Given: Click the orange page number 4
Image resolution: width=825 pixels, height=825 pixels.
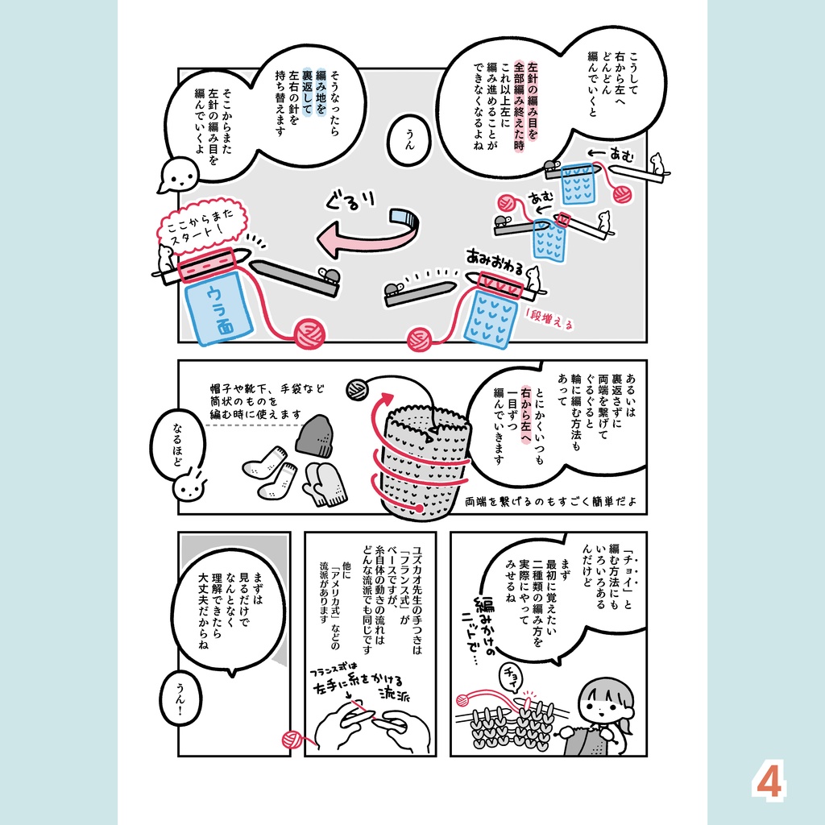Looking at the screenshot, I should tap(769, 780).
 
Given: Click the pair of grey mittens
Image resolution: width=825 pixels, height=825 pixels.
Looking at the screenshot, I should tap(325, 483).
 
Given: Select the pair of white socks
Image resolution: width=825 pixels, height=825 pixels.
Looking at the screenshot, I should tap(270, 473).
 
